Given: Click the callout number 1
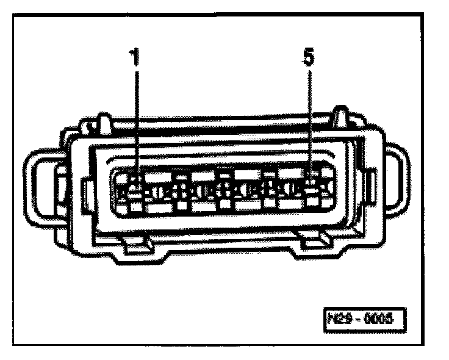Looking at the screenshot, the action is point(136,59).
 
